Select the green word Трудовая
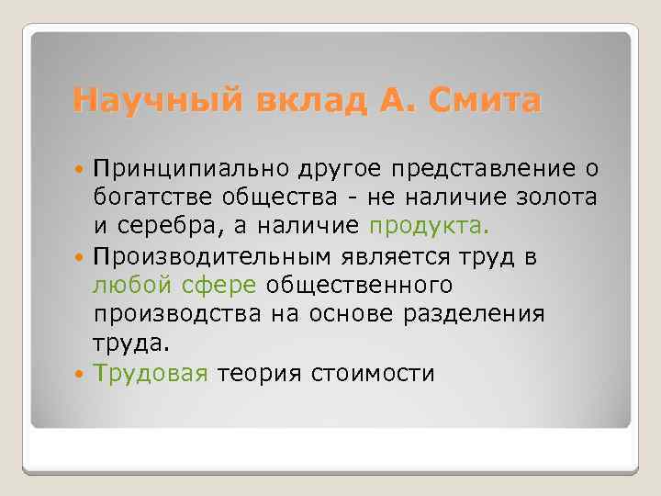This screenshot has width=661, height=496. pyautogui.click(x=152, y=374)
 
